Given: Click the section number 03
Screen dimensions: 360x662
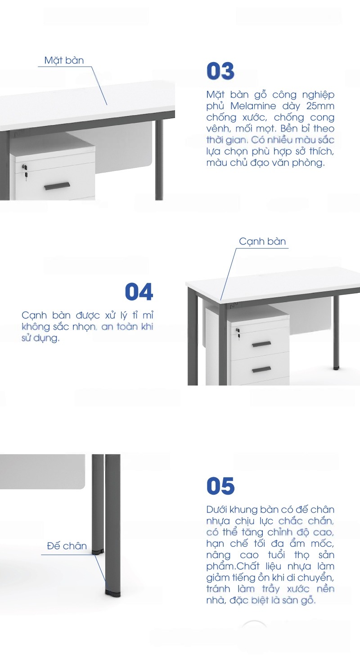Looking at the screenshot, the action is [220, 71].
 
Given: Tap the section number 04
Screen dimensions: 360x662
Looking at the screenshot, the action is [139, 292].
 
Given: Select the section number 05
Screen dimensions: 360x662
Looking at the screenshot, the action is [220, 486].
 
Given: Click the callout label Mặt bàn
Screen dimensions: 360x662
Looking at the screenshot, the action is [64, 60].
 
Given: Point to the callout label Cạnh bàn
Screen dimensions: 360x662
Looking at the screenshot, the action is [262, 242].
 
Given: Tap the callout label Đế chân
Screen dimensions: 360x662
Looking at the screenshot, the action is [67, 546].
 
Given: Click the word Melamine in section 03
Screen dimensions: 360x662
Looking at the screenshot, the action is [253, 106].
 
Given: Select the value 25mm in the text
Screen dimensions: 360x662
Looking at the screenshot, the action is [320, 106].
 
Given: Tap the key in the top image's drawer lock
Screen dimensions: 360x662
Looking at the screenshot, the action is [26, 177].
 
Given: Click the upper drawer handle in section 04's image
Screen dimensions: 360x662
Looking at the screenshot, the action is [261, 344].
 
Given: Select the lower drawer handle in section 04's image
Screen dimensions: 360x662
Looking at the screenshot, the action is [261, 369].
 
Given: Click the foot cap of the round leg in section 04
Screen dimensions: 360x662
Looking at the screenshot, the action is [335, 368].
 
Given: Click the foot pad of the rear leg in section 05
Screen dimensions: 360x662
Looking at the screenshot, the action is [97, 551].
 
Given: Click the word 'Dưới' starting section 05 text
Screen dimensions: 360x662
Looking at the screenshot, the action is [216, 510].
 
